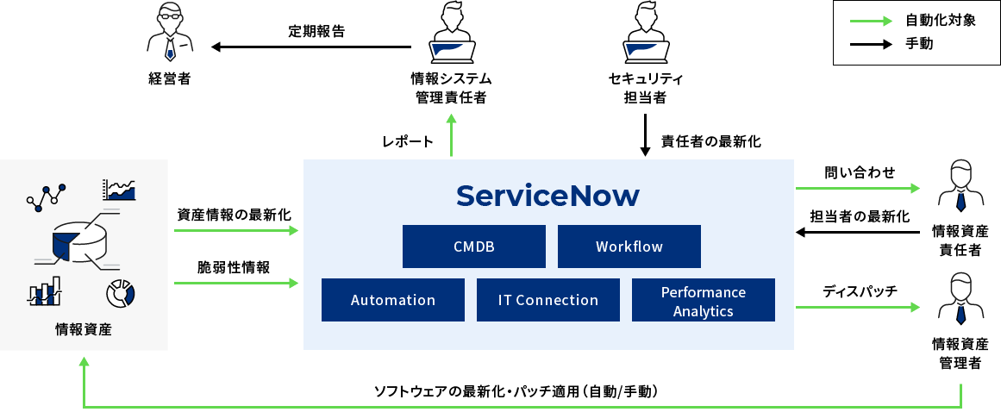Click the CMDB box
point(473,247)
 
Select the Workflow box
point(629,247)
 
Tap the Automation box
point(392,300)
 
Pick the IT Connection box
point(547,300)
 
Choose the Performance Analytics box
point(703,300)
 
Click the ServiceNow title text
point(547,196)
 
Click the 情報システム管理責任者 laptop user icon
point(451,34)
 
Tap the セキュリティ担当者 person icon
point(645,34)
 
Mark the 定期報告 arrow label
point(316,32)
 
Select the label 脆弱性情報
point(235,268)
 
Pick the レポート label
point(407,141)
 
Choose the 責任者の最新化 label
point(710,141)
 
